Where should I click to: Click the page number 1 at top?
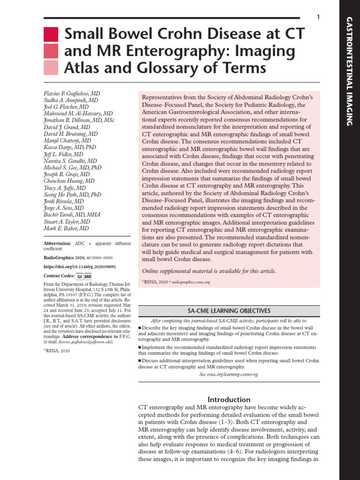[x=318, y=17]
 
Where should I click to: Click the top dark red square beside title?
[x=51, y=34]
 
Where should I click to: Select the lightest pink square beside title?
[x=51, y=68]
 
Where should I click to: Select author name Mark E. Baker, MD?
[x=66, y=228]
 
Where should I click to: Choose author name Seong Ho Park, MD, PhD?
[x=72, y=195]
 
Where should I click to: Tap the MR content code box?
[x=88, y=277]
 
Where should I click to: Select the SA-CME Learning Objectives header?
[x=229, y=310]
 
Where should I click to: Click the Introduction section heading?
[x=229, y=399]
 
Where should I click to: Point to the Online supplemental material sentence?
[x=209, y=271]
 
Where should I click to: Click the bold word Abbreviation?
[x=58, y=244]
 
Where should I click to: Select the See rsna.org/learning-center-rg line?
[x=229, y=375]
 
